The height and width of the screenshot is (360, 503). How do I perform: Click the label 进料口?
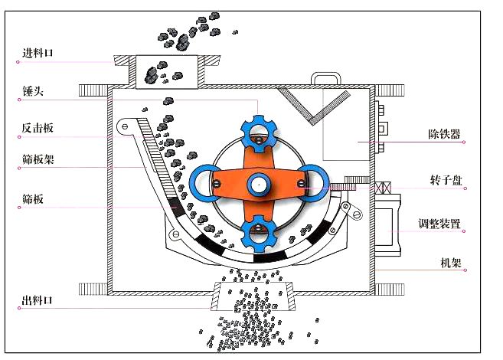pyautogui.click(x=37, y=53)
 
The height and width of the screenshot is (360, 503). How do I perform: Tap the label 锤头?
pyautogui.click(x=31, y=90)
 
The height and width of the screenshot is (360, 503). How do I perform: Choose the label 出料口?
pyautogui.click(x=37, y=299)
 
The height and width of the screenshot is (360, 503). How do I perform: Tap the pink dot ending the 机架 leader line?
pyautogui.click(x=465, y=269)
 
